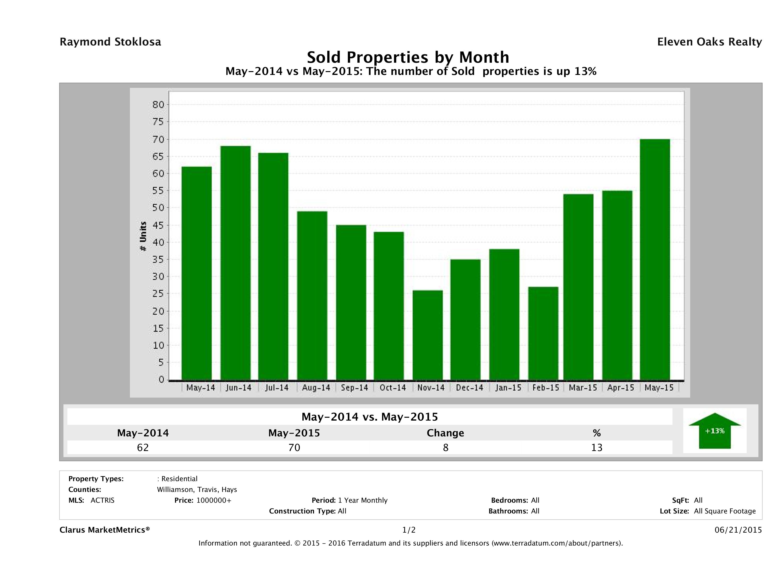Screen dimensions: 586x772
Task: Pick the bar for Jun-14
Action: [x=236, y=263]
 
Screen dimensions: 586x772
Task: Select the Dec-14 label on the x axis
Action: [x=469, y=388]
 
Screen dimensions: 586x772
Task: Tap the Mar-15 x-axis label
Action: [x=583, y=388]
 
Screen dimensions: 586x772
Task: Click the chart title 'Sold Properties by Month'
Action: [x=408, y=57]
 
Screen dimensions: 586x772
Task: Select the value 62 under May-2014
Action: [x=143, y=447]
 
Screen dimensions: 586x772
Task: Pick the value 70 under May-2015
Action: [x=294, y=447]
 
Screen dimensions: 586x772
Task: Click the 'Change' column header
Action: [x=445, y=433]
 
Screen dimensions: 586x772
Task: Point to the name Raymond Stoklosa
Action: [x=110, y=42]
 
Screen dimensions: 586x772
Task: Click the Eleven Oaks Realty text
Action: [x=709, y=42]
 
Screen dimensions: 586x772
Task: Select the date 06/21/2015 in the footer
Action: [x=738, y=530]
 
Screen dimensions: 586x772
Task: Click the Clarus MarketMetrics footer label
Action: [x=105, y=530]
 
